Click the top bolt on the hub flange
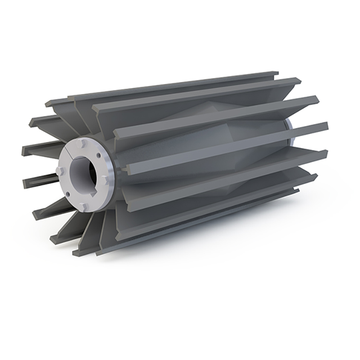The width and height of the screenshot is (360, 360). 81,144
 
